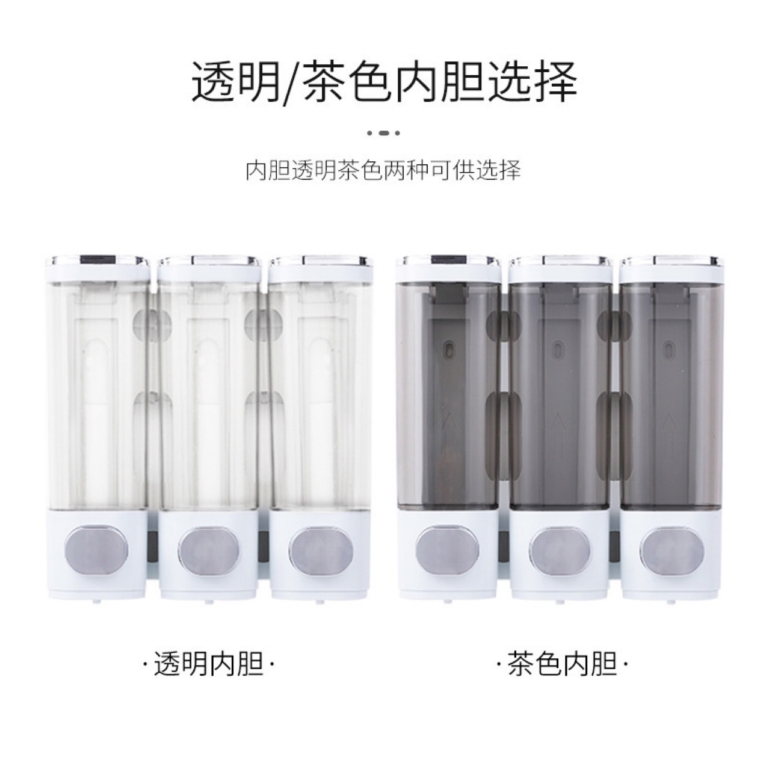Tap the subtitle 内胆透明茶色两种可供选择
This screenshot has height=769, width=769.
pos(384,171)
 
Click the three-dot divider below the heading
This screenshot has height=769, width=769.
pos(384,134)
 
